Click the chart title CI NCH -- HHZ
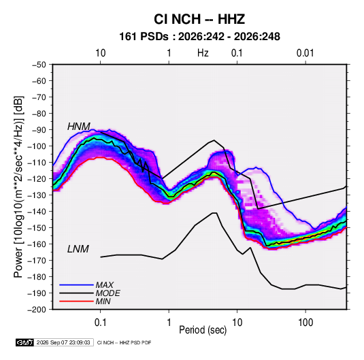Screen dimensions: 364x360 [x=199, y=19]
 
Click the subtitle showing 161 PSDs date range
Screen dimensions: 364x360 [x=199, y=37]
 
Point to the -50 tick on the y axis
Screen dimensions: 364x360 [x=39, y=65]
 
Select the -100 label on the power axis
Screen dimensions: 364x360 [x=37, y=146]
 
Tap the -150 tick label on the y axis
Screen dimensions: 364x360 [x=37, y=228]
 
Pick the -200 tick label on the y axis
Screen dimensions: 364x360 [x=37, y=310]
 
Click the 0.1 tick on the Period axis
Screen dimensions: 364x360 [x=100, y=323]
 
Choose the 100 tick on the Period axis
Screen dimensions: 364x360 [x=305, y=323]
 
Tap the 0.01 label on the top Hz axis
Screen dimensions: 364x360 [x=305, y=53]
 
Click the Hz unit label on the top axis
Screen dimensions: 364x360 [x=203, y=53]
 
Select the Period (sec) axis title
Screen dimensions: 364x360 [x=203, y=330]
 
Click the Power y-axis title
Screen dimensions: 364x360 [x=18, y=187]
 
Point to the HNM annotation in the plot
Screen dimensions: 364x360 [x=79, y=127]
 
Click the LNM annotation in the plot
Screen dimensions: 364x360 [x=78, y=249]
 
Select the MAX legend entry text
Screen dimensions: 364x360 [x=105, y=285]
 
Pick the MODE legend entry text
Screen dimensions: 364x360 [x=108, y=293]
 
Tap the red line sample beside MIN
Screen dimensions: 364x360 [x=76, y=301]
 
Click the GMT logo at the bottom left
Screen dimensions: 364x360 [x=24, y=342]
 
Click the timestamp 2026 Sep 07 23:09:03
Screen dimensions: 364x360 [x=63, y=342]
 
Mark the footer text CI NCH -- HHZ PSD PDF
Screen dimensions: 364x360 [x=125, y=343]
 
